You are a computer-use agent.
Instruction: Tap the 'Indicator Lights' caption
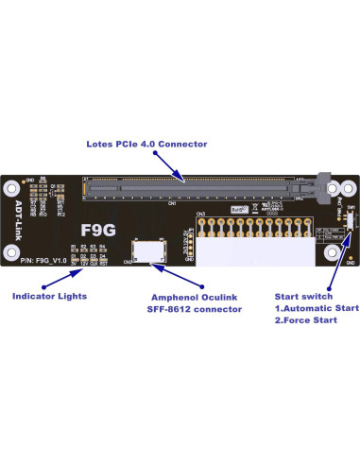tap(50, 296)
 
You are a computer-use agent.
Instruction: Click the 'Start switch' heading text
tap(303, 296)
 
